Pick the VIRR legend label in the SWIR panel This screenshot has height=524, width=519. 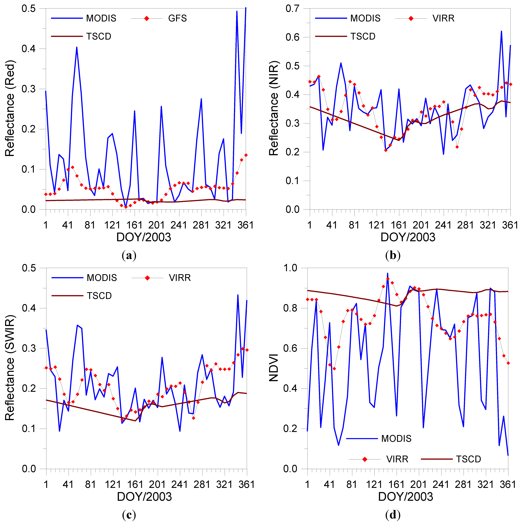(180, 278)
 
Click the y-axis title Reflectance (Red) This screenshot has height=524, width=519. (10, 109)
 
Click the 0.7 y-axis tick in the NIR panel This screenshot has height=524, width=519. (292, 9)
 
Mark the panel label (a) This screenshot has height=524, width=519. (129, 256)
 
